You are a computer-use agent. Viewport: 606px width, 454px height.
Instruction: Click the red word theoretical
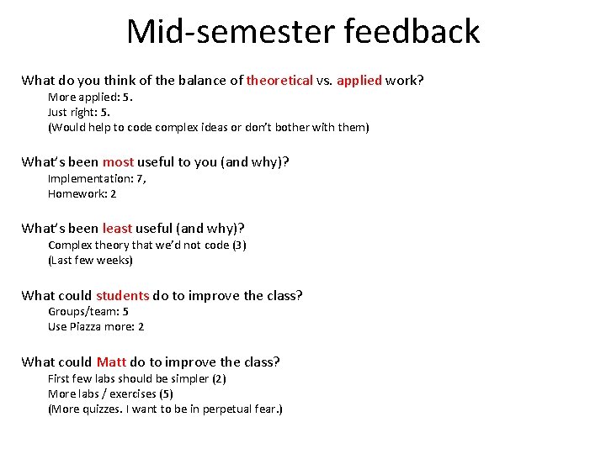pyautogui.click(x=279, y=81)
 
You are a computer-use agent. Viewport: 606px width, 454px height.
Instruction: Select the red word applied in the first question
pyautogui.click(x=359, y=81)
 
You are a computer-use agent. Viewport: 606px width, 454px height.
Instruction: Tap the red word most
pyautogui.click(x=118, y=161)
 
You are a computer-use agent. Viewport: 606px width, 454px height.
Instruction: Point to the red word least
pyautogui.click(x=117, y=228)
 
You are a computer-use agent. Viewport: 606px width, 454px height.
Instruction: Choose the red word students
pyautogui.click(x=122, y=295)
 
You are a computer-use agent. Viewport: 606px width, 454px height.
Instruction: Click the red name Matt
pyautogui.click(x=111, y=362)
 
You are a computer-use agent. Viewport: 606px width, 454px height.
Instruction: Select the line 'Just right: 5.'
pyautogui.click(x=79, y=112)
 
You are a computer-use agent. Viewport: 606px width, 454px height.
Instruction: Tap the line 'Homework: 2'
pyautogui.click(x=82, y=193)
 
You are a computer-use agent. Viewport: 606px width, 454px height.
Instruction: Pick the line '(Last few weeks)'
pyautogui.click(x=90, y=260)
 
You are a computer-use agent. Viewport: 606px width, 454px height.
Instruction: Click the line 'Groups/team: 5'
pyautogui.click(x=88, y=311)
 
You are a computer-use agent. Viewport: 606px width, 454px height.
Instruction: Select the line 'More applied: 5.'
pyautogui.click(x=90, y=97)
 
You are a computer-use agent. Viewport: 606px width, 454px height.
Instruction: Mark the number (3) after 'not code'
pyautogui.click(x=239, y=245)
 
